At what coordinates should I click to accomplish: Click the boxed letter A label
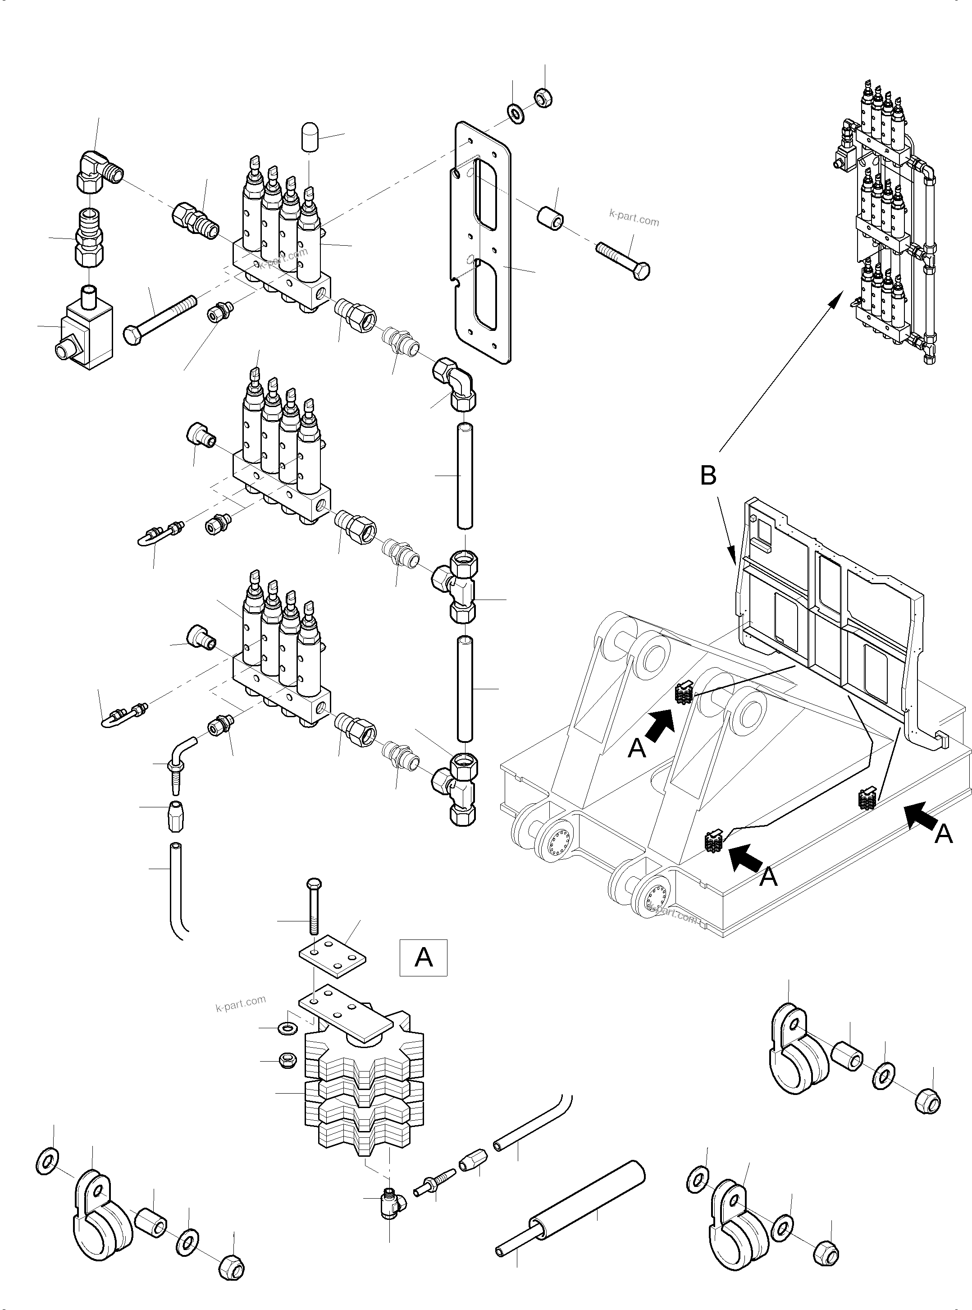(x=423, y=958)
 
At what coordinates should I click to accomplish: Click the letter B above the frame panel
(x=708, y=476)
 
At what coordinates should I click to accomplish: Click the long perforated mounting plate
(x=483, y=241)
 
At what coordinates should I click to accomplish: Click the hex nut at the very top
(x=543, y=97)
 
